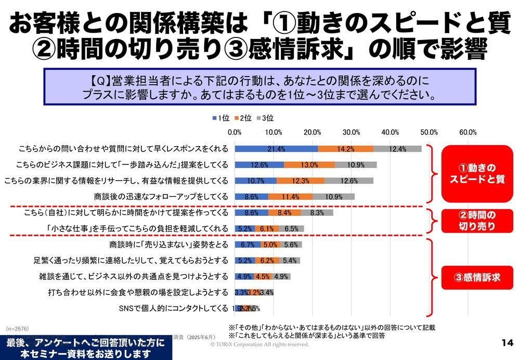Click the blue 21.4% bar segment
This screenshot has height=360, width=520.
pos(276,149)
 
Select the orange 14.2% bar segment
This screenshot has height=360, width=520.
pos(345,149)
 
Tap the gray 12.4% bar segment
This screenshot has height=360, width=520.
pos(397,149)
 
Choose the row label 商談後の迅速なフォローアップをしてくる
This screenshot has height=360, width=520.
pos(161,197)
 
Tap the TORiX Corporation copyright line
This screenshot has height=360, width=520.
pos(259,344)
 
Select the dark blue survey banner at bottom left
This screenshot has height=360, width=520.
pos(86,348)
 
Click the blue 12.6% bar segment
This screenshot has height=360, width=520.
pos(259,165)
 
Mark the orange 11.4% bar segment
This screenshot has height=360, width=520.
pos(290,197)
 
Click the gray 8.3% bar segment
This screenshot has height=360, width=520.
pos(317,212)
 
